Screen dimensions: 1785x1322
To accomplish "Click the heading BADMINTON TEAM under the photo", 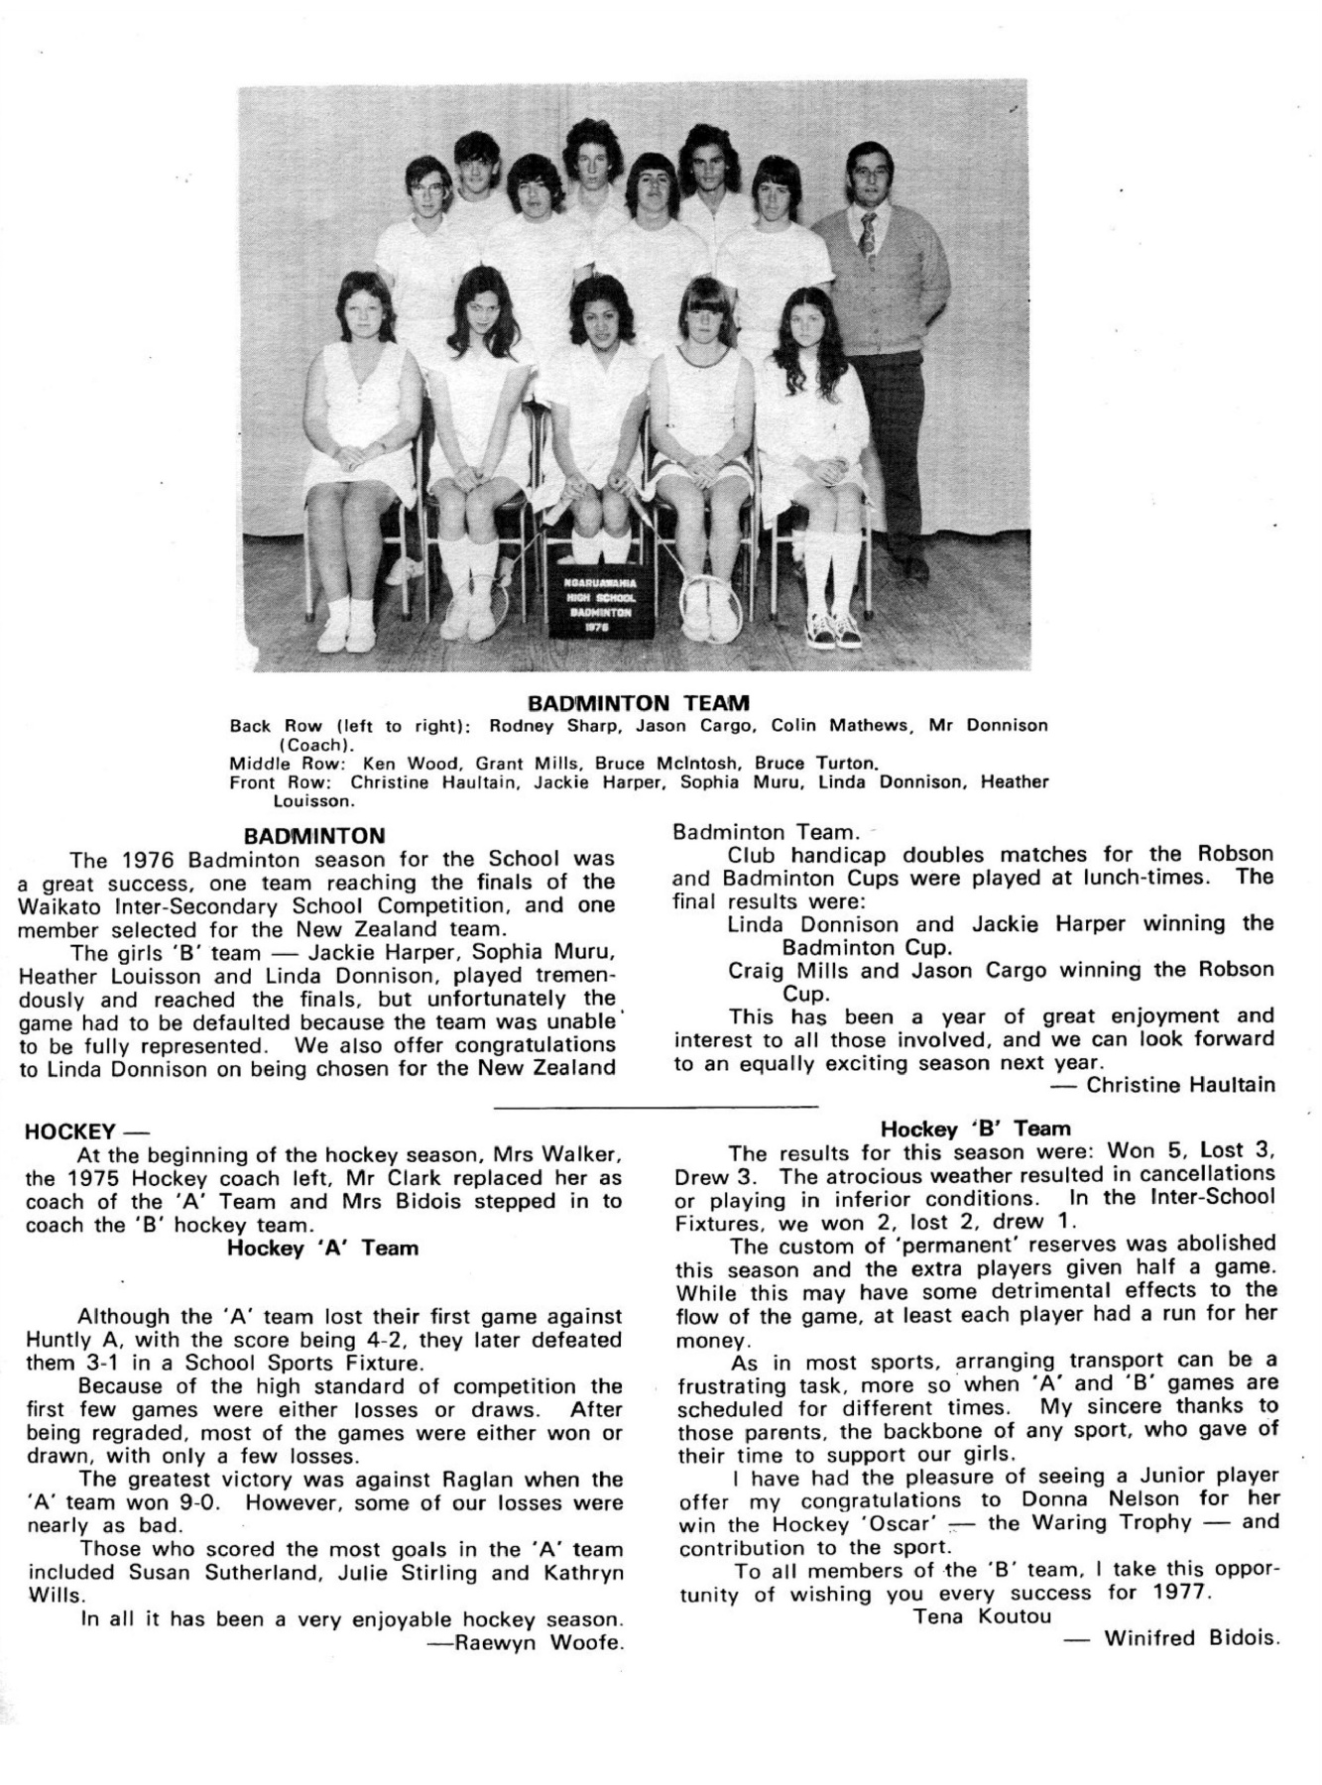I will (x=638, y=704).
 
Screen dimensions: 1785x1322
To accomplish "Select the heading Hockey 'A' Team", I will (x=322, y=1249).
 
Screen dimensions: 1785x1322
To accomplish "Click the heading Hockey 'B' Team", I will (x=976, y=1129).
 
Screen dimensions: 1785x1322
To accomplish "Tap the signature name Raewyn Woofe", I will (x=540, y=1643).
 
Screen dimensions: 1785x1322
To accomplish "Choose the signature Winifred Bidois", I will (x=1189, y=1637).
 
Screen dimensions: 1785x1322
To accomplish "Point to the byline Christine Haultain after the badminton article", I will (x=1180, y=1085).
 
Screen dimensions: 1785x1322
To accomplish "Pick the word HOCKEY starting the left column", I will (x=69, y=1130).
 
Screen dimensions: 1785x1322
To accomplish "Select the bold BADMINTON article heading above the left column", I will (x=314, y=836).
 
